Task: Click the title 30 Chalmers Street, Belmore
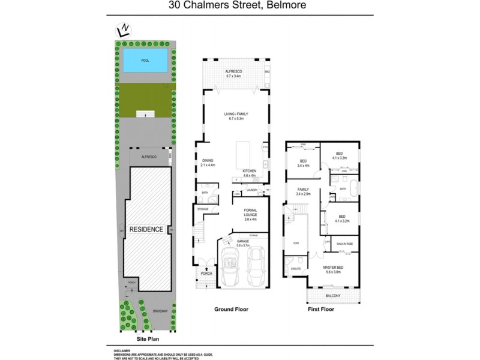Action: (239, 7)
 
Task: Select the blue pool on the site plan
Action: (145, 61)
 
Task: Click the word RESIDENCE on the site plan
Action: (146, 229)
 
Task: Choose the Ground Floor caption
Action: (231, 310)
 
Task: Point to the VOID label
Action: (296, 243)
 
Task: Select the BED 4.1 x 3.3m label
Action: (339, 155)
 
